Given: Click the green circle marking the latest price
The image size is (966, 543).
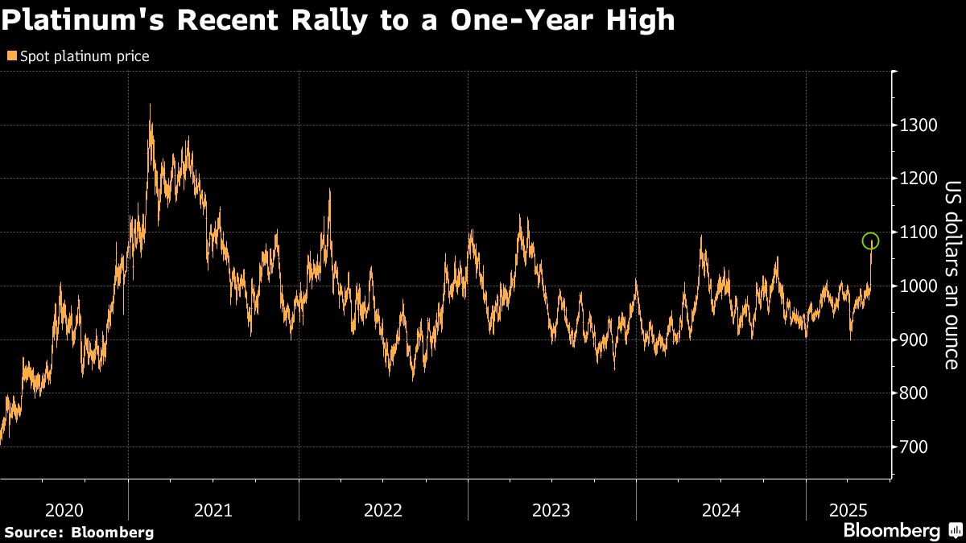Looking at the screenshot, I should pos(870,241).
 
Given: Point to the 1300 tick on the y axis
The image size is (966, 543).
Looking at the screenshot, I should pos(919,125).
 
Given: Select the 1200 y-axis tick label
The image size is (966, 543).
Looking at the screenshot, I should pos(919,179).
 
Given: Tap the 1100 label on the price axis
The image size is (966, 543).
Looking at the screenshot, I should pos(919,232).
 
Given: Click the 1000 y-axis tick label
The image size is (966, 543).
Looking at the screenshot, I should pos(919,286).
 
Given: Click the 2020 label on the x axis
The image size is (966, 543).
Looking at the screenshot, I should pos(64,510).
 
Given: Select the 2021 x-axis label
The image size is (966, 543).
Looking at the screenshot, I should pos(213,510).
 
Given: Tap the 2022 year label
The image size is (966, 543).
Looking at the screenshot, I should pos(383,510).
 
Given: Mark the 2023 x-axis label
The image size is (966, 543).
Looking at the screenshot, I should pos(551,510).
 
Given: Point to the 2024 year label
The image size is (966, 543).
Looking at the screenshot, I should pos(721,510).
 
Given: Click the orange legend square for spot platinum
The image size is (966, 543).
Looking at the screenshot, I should pos(10,56).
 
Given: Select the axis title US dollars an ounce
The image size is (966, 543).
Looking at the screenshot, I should pos(952,274).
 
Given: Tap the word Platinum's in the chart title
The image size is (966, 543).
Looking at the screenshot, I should pos(80,20).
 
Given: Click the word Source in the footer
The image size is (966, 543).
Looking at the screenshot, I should pos(32,532).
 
